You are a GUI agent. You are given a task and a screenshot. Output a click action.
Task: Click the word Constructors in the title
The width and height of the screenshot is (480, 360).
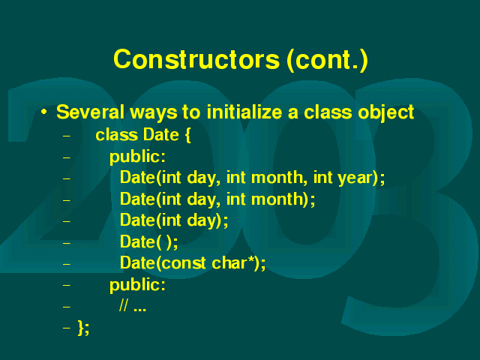click(x=196, y=59)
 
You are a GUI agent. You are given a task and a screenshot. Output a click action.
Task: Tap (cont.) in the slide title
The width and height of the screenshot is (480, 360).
click(x=327, y=60)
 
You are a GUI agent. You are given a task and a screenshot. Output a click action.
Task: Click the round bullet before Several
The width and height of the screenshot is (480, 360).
click(x=44, y=112)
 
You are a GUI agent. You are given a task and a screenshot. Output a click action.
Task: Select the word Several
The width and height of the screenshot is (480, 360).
click(x=90, y=112)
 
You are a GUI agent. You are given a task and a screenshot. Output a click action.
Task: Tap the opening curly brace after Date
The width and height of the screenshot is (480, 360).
click(x=187, y=135)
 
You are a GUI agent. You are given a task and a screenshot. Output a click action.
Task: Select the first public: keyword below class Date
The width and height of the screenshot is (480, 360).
click(x=137, y=157)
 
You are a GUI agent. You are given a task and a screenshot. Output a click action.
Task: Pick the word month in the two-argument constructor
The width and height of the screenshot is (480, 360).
click(x=277, y=199)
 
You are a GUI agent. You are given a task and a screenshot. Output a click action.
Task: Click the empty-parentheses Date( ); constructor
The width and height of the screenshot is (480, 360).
click(x=148, y=241)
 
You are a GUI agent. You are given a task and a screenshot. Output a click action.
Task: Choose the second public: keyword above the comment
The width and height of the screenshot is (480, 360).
click(x=137, y=285)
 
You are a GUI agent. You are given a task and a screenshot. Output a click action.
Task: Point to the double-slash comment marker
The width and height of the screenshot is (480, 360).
click(x=124, y=305)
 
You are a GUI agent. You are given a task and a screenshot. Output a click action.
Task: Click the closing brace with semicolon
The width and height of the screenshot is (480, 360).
click(x=83, y=328)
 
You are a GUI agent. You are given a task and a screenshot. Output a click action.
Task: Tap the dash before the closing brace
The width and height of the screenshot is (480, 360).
click(x=67, y=328)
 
